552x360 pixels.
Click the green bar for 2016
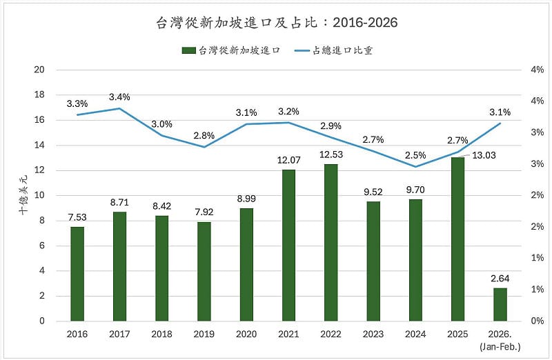[77, 274]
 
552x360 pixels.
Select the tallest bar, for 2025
[457, 239]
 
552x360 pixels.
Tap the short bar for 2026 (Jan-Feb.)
[500, 304]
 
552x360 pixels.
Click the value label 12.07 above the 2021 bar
[288, 160]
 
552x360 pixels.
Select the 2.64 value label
[500, 279]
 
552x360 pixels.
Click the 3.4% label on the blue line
[119, 97]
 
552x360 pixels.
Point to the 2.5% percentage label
[415, 154]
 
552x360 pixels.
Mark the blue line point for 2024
[415, 166]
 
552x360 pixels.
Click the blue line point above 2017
[119, 108]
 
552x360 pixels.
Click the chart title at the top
[276, 23]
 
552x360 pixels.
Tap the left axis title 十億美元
[23, 196]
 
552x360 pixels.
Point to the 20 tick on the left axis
[39, 70]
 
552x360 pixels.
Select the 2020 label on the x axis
[246, 334]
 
